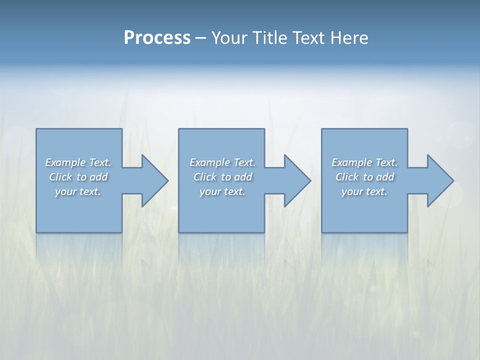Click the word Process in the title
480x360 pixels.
click(157, 38)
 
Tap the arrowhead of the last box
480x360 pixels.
click(439, 180)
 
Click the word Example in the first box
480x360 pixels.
click(65, 162)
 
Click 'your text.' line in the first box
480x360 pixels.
click(78, 191)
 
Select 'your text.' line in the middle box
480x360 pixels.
click(222, 191)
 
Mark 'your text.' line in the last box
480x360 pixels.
click(364, 191)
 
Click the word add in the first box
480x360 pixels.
click(99, 177)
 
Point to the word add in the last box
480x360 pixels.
click(385, 177)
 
